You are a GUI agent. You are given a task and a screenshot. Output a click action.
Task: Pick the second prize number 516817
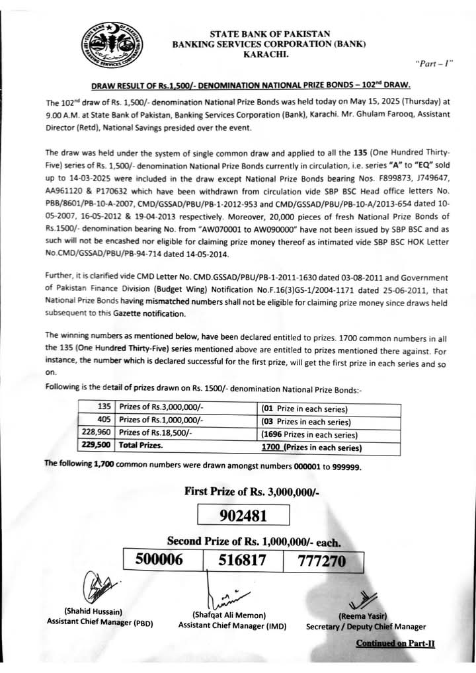(x=243, y=561)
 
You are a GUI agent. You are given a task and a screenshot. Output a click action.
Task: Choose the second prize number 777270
(x=324, y=561)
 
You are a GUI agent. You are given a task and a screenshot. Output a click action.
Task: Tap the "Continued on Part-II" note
(x=395, y=643)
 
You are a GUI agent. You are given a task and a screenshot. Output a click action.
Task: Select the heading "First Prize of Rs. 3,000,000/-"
(x=261, y=490)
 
